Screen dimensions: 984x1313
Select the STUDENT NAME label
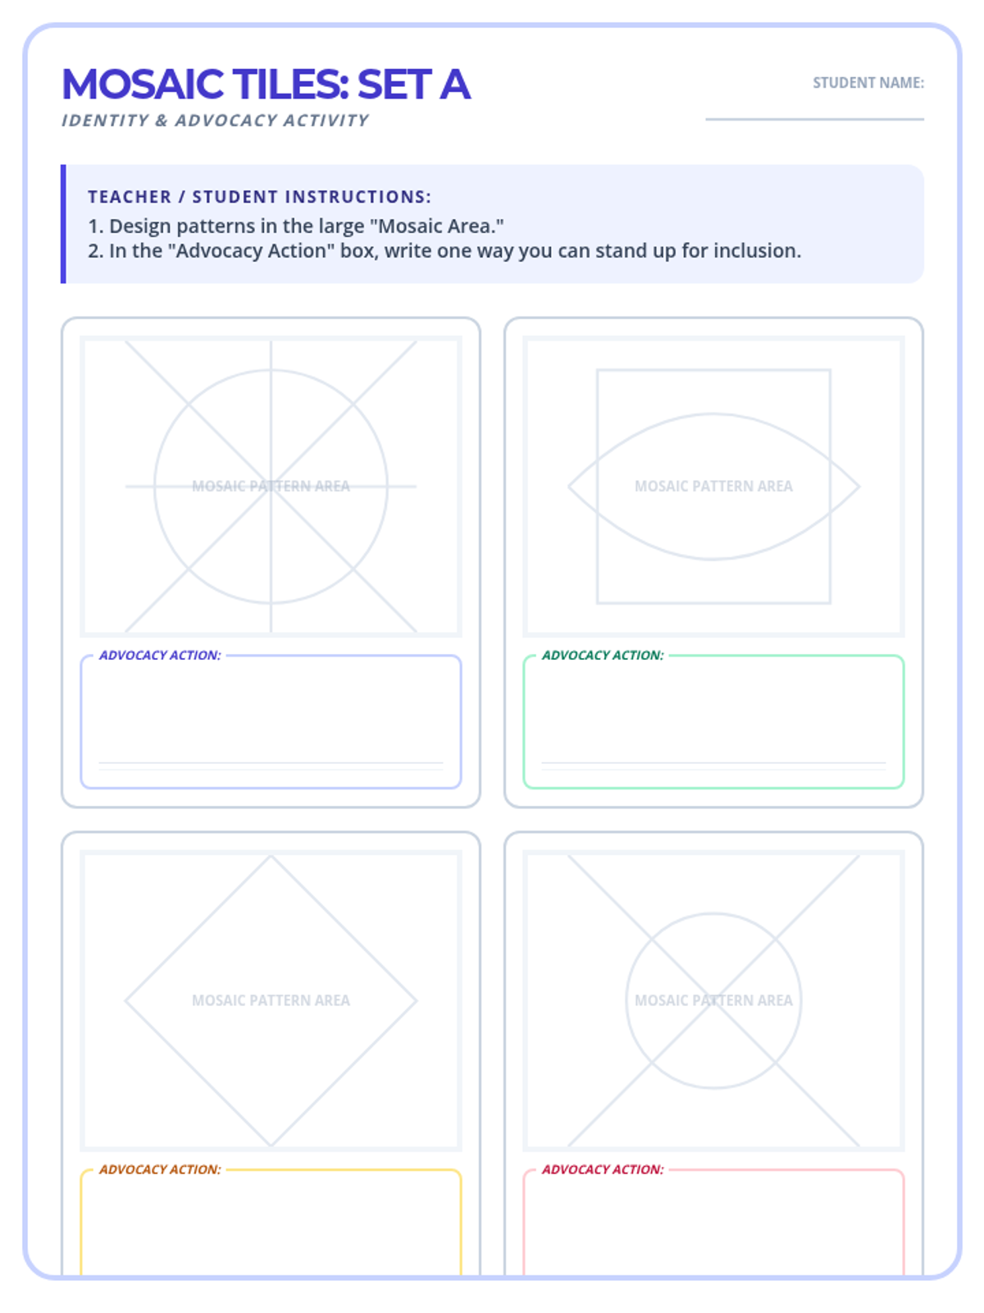pos(868,83)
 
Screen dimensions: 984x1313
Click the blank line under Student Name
pos(814,119)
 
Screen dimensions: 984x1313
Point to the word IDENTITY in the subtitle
pos(105,121)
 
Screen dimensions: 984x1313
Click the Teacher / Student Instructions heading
pos(259,197)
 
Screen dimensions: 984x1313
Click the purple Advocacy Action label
pos(160,655)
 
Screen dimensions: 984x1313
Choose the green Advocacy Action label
pos(603,655)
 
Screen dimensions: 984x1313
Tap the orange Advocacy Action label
pos(160,1169)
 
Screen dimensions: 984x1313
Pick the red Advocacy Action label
pos(603,1169)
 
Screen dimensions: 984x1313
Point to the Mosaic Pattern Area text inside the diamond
pos(271,1000)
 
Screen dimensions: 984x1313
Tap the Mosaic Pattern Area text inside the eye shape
pos(713,487)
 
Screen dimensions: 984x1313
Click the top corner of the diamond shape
pos(271,855)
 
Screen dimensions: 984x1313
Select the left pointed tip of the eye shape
pos(568,487)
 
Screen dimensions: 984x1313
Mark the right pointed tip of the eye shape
pos(859,487)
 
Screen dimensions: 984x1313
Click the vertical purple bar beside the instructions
pos(63,224)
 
